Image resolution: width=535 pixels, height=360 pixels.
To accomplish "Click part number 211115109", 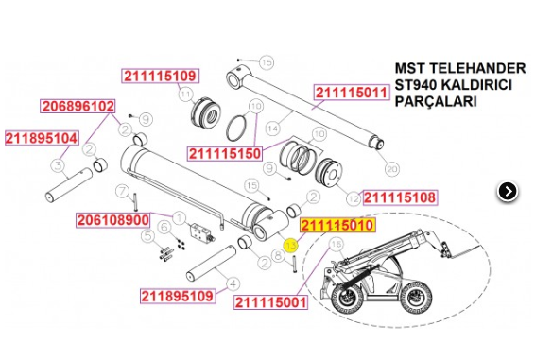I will click(158, 76).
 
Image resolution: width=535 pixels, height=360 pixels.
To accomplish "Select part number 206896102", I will click(78, 106).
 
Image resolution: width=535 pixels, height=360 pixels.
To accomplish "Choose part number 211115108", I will click(400, 198).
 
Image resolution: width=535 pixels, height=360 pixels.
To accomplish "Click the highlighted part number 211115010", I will click(337, 227).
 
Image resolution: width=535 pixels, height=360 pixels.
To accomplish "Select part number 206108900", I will click(112, 220).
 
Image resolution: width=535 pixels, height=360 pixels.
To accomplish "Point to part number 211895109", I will click(179, 296).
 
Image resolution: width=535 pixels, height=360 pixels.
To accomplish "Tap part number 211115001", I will click(258, 302).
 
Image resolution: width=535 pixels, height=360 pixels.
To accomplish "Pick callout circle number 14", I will click(273, 127).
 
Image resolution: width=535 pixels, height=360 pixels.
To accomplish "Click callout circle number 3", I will click(57, 166).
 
